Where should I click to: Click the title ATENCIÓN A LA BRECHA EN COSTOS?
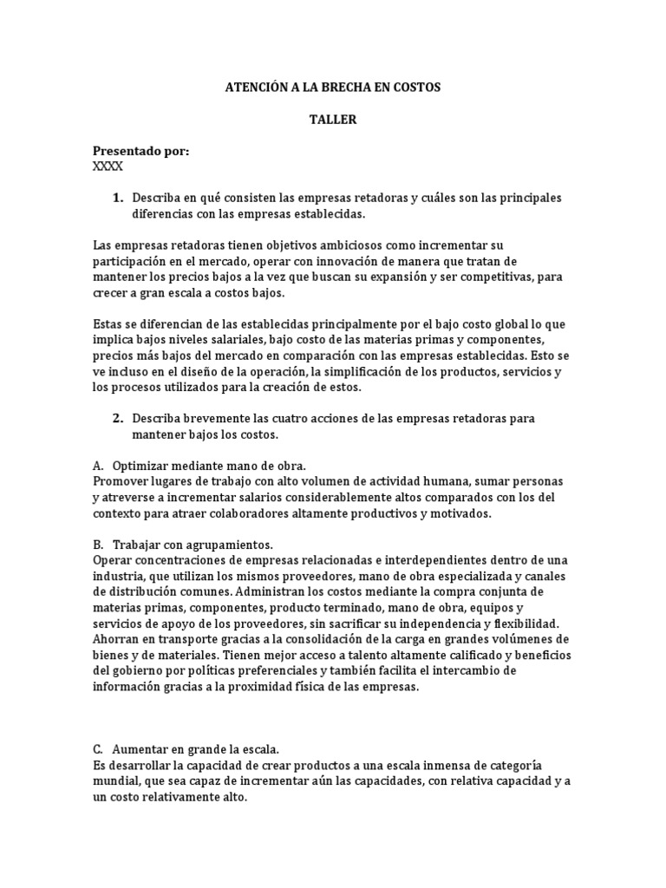(x=333, y=88)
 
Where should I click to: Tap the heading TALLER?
(x=333, y=120)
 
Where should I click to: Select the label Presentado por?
(x=140, y=151)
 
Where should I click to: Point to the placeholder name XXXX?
(x=108, y=166)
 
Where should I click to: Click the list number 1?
(x=118, y=198)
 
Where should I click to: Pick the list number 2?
(x=118, y=418)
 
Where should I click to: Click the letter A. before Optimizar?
(x=98, y=466)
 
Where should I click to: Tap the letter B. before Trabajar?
(x=98, y=545)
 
